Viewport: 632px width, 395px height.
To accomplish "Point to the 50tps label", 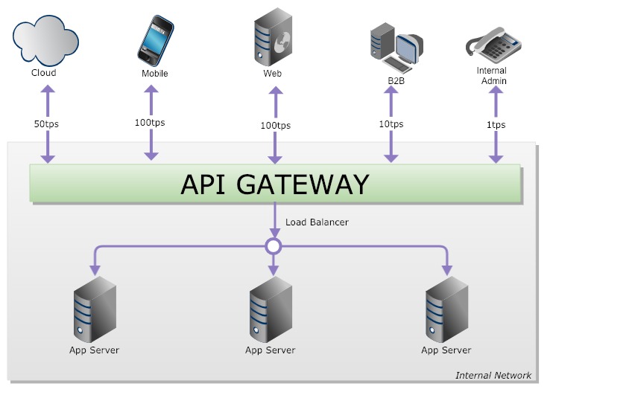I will [x=46, y=123].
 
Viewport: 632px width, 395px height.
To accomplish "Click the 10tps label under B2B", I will [x=391, y=124].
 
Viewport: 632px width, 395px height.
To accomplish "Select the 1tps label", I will [x=495, y=124].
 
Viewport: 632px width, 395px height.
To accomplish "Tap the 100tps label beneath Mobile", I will [x=151, y=122].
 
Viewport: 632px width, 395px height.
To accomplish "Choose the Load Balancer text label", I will [x=317, y=222].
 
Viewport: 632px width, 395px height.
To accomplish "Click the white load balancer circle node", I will [x=274, y=245].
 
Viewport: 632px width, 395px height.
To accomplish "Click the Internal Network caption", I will [x=493, y=375].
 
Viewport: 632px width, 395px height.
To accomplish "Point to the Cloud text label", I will [x=43, y=73].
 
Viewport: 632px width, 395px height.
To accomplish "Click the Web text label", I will [x=272, y=74].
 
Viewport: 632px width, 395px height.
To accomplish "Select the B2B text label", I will [x=396, y=80].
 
